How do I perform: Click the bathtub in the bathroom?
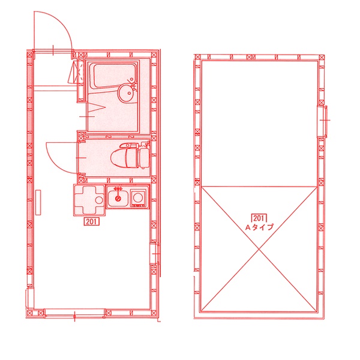113,76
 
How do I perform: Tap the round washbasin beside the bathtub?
125,93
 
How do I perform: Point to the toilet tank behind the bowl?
144,158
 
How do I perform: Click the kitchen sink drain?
118,199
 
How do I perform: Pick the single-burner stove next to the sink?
139,197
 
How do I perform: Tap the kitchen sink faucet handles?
118,189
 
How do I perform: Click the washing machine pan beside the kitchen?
89,200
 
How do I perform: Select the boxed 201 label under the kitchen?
92,221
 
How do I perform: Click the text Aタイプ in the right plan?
259,227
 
